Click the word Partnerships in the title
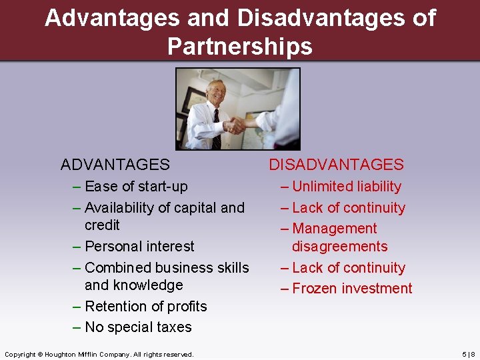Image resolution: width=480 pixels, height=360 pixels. (x=240, y=46)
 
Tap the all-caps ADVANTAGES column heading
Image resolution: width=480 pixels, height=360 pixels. (x=115, y=165)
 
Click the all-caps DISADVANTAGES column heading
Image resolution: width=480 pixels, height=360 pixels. (x=336, y=165)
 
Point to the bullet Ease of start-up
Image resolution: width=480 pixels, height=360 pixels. (x=136, y=187)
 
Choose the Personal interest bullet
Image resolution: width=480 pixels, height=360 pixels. (x=139, y=247)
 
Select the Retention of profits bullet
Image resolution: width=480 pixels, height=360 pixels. (x=145, y=307)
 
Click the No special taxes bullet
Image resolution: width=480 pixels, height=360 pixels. (x=138, y=327)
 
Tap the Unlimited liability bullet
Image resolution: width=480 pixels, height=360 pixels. (x=347, y=187)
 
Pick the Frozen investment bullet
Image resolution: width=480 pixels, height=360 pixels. (x=352, y=289)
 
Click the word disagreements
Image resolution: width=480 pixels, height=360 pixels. (x=339, y=247)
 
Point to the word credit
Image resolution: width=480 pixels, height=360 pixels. (x=102, y=225)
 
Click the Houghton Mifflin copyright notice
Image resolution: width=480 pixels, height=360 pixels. (x=99, y=354)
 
